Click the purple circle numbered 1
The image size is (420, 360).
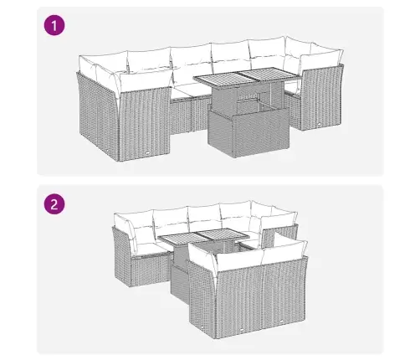(54, 26)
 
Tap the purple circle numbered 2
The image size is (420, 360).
(54, 203)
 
